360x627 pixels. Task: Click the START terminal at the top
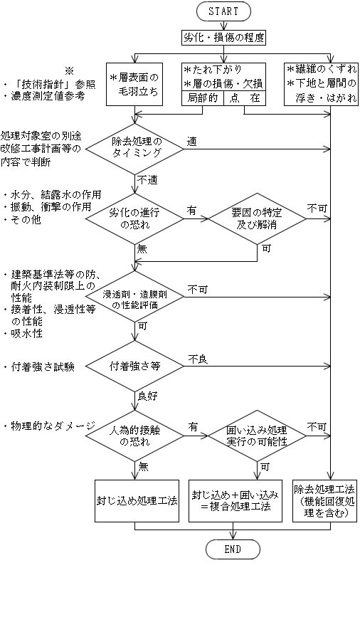pos(223,11)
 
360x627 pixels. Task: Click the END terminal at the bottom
pos(233,549)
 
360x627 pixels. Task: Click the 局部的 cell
pos(203,98)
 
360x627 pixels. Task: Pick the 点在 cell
pos(245,98)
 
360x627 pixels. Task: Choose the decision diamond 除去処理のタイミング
pos(135,149)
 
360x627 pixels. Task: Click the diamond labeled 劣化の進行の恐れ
pos(135,218)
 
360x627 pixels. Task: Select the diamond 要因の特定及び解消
pos(258,218)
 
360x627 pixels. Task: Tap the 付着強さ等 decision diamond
pos(135,366)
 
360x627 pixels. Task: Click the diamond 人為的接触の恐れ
pos(135,435)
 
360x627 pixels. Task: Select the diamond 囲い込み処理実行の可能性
pos(258,435)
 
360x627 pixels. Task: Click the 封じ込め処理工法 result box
pos(137,500)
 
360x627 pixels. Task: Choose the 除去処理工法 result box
pos(325,500)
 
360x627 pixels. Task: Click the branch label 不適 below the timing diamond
pos(148,180)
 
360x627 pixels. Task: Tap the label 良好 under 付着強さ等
pos(148,396)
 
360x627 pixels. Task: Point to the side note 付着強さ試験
pos(40,367)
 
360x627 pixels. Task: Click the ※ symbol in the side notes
pos(70,70)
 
